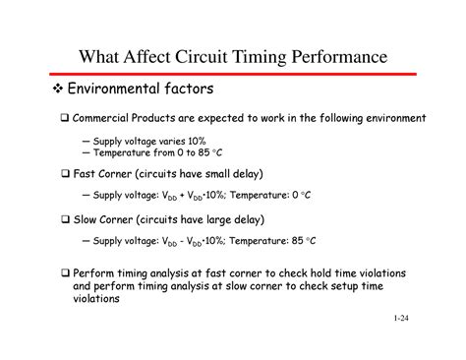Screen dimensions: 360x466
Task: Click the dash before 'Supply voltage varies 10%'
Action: click(x=86, y=141)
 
